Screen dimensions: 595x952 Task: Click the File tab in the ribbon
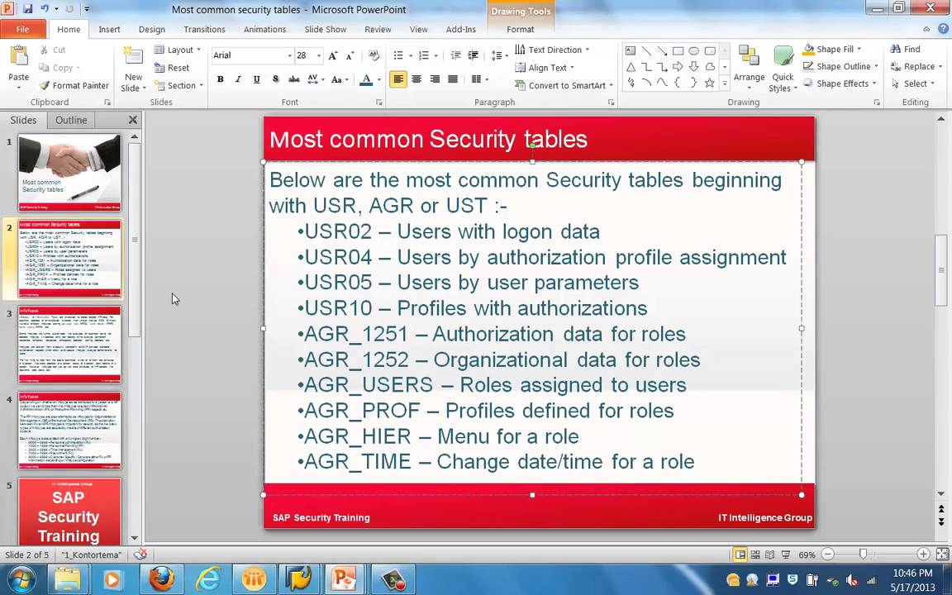click(22, 30)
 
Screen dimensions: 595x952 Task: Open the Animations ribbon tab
click(264, 30)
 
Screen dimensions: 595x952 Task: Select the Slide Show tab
click(325, 30)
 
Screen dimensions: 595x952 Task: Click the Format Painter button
click(74, 86)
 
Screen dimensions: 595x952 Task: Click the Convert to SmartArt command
click(564, 86)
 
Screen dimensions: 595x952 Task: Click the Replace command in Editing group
click(914, 67)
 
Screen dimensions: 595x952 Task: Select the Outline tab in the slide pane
click(71, 120)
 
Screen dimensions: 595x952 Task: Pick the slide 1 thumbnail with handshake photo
click(69, 173)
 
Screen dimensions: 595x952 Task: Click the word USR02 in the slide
click(331, 232)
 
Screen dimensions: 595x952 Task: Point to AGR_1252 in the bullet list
click(356, 360)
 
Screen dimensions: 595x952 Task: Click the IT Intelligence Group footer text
click(764, 518)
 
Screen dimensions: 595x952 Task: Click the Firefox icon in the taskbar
click(161, 579)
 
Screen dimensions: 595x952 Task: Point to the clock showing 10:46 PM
click(912, 573)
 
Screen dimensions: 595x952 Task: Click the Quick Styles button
click(782, 69)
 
